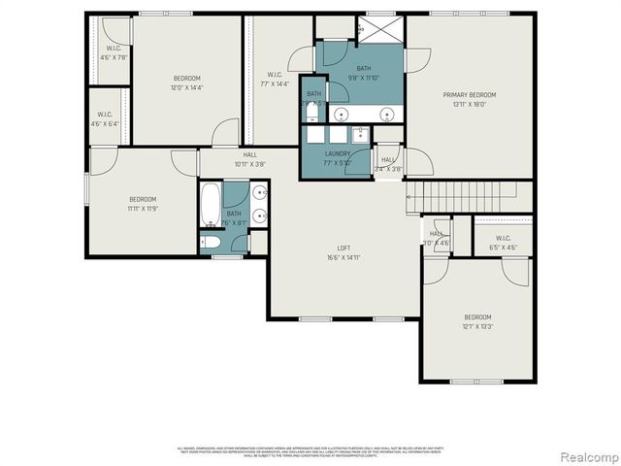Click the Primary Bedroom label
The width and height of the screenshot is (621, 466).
(470, 94)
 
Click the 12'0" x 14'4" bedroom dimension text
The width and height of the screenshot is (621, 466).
(186, 88)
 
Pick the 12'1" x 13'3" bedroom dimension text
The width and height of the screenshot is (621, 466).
(477, 326)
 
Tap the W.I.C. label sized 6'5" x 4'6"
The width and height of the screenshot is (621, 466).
(503, 247)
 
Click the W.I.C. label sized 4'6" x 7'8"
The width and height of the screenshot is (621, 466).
(114, 57)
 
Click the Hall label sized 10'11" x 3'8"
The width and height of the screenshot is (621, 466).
(249, 164)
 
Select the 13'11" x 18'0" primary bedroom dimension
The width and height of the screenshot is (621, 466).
(470, 104)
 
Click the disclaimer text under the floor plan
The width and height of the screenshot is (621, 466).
(310, 450)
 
